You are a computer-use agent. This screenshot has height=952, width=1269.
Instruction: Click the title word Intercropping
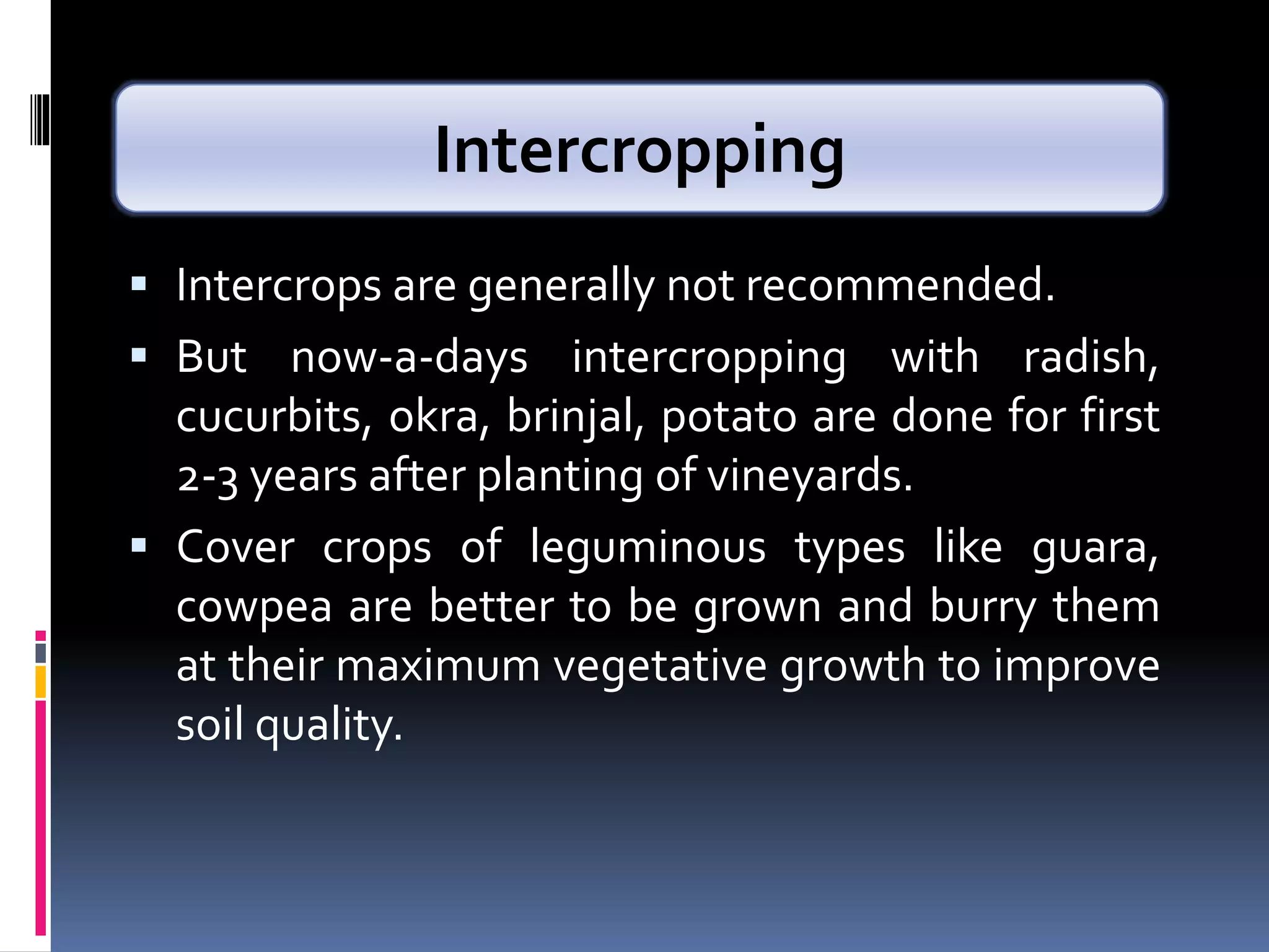tap(639, 151)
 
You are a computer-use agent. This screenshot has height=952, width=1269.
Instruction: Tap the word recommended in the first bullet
tap(900, 286)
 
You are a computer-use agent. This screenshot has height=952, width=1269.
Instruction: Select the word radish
tap(1089, 358)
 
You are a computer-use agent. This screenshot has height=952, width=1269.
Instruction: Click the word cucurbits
tap(273, 416)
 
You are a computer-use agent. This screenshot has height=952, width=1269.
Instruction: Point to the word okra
tap(434, 416)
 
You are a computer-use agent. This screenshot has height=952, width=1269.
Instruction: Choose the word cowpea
tap(254, 607)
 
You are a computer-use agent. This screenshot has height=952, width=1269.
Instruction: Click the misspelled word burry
tap(983, 607)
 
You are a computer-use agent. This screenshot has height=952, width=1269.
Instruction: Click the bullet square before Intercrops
tap(139, 284)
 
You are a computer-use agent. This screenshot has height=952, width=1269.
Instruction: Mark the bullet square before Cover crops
tap(139, 545)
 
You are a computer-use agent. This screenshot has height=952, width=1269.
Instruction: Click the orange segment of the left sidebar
tap(41, 682)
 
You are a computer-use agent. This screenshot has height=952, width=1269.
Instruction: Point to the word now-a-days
tap(409, 358)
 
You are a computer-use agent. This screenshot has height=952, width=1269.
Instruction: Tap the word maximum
tap(437, 666)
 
